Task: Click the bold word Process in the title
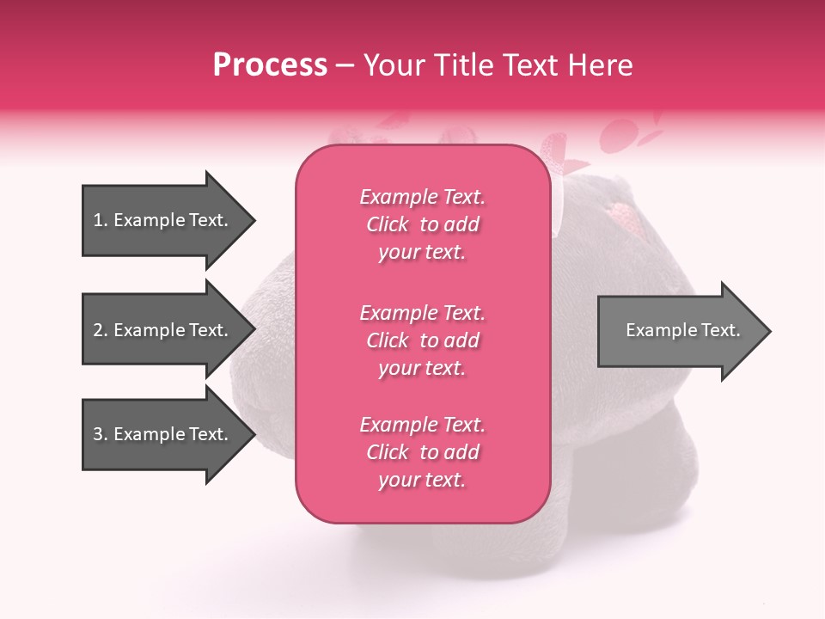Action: click(270, 65)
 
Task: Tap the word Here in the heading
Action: click(598, 65)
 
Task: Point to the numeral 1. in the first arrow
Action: click(101, 220)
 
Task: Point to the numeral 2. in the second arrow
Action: click(101, 330)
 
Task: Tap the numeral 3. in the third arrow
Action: click(101, 434)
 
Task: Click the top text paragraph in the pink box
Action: click(422, 224)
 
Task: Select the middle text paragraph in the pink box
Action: click(422, 340)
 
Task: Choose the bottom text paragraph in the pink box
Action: click(422, 452)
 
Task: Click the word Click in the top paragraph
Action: click(388, 224)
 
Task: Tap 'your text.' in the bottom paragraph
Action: click(422, 480)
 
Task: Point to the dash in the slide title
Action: click(345, 65)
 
